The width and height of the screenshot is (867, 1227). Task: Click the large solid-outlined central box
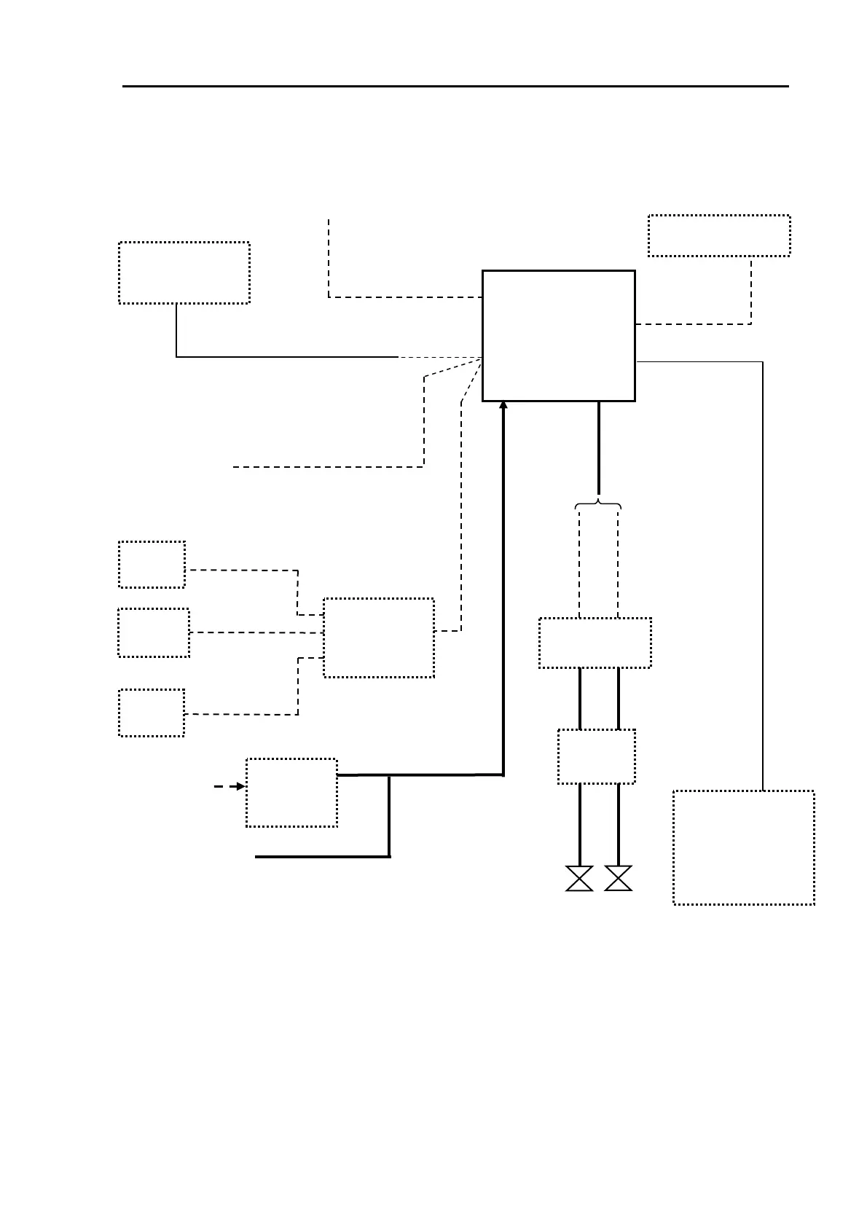(x=558, y=335)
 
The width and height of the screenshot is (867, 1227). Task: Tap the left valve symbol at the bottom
(x=579, y=878)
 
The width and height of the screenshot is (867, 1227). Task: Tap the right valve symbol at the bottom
(x=619, y=878)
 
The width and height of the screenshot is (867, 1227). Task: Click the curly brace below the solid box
(x=598, y=504)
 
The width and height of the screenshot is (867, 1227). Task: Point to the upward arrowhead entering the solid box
(x=503, y=406)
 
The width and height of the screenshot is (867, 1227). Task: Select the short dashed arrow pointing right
(x=229, y=787)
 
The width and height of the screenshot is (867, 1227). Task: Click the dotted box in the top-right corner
(x=718, y=235)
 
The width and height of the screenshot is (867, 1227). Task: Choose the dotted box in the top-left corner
(x=184, y=273)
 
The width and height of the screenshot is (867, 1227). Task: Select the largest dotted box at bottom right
(x=743, y=847)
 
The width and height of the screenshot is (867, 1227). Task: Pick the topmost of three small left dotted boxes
(x=152, y=564)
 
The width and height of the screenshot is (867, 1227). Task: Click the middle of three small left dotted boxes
(x=154, y=632)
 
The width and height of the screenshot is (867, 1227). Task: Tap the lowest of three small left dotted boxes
(x=152, y=713)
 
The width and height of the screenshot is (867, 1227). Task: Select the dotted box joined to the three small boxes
(x=379, y=638)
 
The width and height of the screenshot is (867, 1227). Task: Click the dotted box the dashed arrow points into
(x=291, y=793)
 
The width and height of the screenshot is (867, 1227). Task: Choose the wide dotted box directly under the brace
(x=595, y=643)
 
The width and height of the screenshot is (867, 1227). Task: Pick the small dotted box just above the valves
(x=596, y=756)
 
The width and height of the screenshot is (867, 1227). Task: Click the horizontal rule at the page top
(x=455, y=86)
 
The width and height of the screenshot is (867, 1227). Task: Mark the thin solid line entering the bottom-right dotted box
(x=763, y=583)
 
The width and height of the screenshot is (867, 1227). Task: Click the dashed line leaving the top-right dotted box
(x=750, y=291)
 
